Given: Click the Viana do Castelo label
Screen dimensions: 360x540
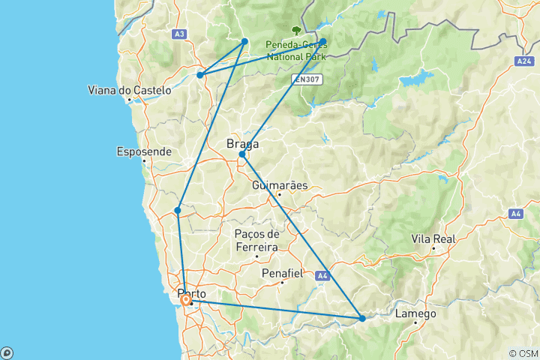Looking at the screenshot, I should [x=128, y=91].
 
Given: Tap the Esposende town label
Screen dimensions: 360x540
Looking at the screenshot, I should [x=144, y=151].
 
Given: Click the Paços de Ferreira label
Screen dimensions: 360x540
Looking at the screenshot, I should [x=256, y=241].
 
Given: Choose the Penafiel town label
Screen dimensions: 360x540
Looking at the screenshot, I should [x=282, y=274].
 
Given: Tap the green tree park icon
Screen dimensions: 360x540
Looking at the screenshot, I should [x=298, y=31].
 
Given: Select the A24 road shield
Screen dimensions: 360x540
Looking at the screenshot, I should [x=523, y=59].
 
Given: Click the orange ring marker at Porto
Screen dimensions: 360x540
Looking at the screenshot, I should [x=185, y=301].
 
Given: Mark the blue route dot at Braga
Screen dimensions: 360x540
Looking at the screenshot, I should [x=242, y=154].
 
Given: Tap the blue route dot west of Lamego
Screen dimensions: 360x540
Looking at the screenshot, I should [x=362, y=319].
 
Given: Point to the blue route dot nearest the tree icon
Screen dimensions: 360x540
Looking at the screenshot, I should [x=322, y=42].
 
